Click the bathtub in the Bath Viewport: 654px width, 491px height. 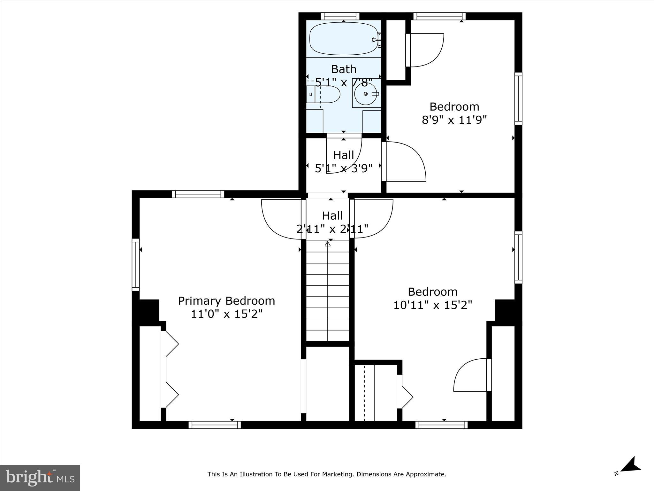coord(343,38)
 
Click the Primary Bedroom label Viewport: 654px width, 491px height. coord(226,301)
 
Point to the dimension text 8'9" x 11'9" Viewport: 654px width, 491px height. coord(454,120)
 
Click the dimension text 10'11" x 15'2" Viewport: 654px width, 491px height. coord(432,305)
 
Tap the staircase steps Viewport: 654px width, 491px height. coord(328,291)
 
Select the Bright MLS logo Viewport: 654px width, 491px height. coord(40,478)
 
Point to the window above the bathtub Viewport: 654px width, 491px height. coord(340,16)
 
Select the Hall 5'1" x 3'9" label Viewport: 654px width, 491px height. coord(344,162)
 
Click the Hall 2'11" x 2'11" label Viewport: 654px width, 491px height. coord(332,222)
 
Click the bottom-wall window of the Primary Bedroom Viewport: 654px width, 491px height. coord(215,425)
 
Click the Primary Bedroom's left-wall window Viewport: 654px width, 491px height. coord(136,265)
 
